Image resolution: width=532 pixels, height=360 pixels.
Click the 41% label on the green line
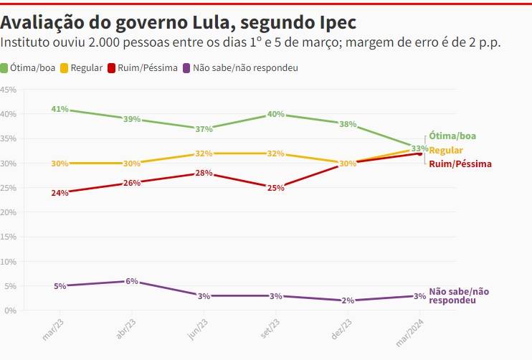(60, 109)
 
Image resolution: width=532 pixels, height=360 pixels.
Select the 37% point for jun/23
(204, 129)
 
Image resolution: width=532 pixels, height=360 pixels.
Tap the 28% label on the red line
(204, 173)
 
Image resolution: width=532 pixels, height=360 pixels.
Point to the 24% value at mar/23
(60, 193)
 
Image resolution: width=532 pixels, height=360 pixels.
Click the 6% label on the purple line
(131, 281)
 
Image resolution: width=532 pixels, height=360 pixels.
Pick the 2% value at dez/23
(348, 300)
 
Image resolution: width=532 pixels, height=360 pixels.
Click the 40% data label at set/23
(275, 114)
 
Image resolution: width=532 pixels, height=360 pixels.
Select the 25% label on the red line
(275, 188)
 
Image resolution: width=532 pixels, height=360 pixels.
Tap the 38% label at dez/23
(348, 124)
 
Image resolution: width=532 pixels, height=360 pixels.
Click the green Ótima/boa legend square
(4, 68)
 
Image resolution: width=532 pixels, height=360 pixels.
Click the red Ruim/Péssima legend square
(113, 68)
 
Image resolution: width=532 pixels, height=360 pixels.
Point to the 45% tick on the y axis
(9, 90)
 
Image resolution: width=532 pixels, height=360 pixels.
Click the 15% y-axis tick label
(9, 237)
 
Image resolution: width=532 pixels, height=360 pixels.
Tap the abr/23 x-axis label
(125, 331)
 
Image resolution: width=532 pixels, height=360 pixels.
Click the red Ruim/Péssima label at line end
(460, 164)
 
